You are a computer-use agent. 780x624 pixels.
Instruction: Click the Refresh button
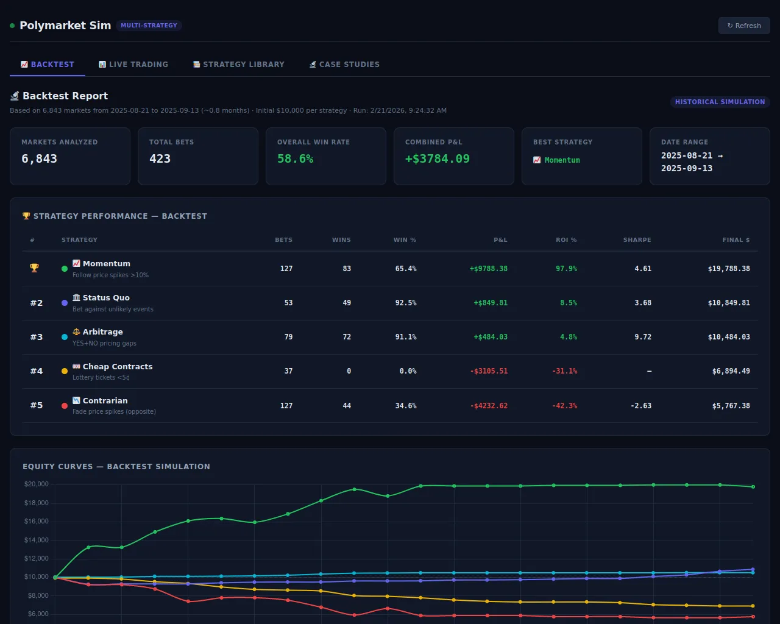coord(744,26)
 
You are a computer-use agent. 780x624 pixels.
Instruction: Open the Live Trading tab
coord(133,65)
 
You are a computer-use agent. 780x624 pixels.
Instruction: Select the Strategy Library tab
coord(238,65)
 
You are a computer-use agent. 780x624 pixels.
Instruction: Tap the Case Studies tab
coord(344,65)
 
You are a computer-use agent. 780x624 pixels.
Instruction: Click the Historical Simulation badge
coord(720,102)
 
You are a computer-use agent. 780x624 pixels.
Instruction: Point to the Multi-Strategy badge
coord(149,26)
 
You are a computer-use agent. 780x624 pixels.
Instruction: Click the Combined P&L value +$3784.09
coord(437,159)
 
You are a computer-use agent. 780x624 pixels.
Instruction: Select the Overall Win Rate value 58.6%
coord(295,159)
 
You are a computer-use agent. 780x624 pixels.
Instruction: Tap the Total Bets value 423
coord(160,159)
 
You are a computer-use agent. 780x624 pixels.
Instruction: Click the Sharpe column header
coord(637,240)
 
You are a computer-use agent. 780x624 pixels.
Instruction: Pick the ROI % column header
coord(566,240)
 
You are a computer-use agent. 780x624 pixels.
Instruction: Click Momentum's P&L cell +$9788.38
coord(488,269)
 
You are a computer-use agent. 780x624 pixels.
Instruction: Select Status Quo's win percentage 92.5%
coord(406,303)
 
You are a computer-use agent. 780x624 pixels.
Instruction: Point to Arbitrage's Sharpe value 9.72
coord(643,337)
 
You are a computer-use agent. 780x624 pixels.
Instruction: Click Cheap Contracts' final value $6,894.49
coord(731,371)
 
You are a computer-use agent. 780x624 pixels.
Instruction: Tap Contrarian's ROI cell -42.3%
coord(564,406)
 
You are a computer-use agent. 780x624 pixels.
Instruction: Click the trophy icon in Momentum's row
coord(34,268)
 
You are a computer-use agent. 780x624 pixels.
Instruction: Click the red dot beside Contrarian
coord(65,406)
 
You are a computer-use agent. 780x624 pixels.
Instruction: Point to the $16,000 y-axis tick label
coord(36,522)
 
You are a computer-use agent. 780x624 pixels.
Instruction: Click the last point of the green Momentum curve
coord(753,487)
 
